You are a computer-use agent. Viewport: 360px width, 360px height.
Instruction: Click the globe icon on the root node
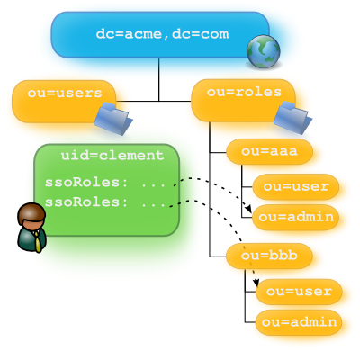click(264, 51)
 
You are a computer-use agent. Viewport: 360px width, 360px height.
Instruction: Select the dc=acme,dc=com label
click(162, 34)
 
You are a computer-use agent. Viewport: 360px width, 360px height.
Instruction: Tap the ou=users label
click(65, 93)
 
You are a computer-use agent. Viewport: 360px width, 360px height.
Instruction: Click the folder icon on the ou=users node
click(113, 119)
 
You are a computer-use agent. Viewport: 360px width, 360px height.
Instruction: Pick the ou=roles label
click(244, 92)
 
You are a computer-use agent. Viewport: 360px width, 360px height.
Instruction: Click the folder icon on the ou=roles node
click(292, 118)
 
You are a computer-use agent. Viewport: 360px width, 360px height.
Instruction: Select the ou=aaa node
click(269, 151)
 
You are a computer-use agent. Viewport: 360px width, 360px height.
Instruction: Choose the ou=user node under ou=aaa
click(296, 186)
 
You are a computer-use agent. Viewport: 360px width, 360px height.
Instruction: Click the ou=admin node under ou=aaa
click(296, 217)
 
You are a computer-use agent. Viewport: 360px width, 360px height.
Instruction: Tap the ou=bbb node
click(269, 256)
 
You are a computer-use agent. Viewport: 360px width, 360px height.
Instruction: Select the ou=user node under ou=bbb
click(299, 292)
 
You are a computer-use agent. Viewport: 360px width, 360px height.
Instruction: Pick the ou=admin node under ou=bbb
click(299, 322)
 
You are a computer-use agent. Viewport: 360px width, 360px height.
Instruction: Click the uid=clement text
click(112, 156)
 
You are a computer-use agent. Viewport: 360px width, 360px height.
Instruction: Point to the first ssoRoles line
click(105, 183)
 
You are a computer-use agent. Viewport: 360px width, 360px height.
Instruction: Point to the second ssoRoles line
click(105, 202)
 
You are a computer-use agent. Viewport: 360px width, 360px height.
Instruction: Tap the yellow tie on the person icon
click(38, 242)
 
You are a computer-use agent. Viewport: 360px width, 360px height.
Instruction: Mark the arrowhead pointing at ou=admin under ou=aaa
click(248, 209)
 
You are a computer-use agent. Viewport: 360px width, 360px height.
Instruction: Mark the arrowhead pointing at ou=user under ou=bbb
click(256, 283)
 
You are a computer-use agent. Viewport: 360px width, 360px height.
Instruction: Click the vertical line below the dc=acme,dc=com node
click(159, 79)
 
